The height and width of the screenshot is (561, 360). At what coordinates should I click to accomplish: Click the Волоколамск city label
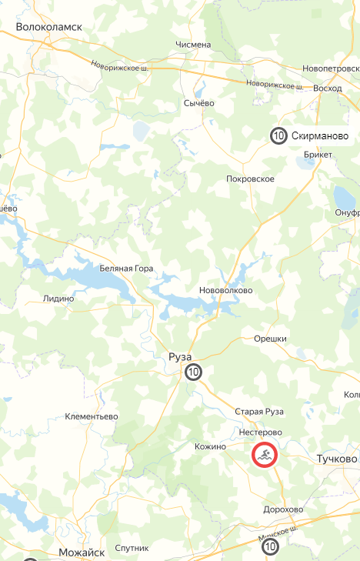coord(49,26)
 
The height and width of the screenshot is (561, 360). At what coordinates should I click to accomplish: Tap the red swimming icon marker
coord(264,456)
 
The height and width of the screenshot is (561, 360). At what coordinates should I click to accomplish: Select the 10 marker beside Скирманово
coord(278,136)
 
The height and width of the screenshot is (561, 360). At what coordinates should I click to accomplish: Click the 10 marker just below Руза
coord(193,372)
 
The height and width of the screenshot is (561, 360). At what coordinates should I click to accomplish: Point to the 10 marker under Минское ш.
coord(270,547)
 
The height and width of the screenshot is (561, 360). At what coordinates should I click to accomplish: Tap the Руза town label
coord(179,356)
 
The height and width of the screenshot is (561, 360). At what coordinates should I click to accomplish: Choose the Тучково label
coord(337,459)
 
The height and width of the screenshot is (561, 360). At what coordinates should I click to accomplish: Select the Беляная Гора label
coord(126,269)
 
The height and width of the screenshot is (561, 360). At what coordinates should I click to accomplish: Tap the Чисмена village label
coord(192,45)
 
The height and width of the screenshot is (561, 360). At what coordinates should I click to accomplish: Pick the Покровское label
coord(250,179)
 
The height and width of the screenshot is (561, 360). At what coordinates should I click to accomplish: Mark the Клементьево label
coord(92,416)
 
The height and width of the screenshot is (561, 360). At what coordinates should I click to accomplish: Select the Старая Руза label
coord(259,412)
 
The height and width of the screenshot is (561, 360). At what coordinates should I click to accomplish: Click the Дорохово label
coord(282,509)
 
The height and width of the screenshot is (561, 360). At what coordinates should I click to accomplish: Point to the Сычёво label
coord(198,103)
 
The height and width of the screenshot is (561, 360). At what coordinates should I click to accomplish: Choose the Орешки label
coord(270,339)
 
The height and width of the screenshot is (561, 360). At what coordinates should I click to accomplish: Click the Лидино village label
coord(59,299)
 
